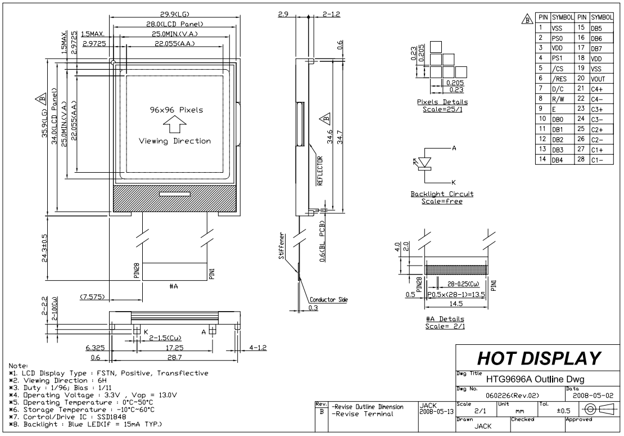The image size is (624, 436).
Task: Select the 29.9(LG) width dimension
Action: click(x=175, y=16)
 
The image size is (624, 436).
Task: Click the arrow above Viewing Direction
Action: click(x=175, y=123)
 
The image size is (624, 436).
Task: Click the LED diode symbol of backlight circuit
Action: click(x=425, y=163)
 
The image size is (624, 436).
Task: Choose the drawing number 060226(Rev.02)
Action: click(x=504, y=395)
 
